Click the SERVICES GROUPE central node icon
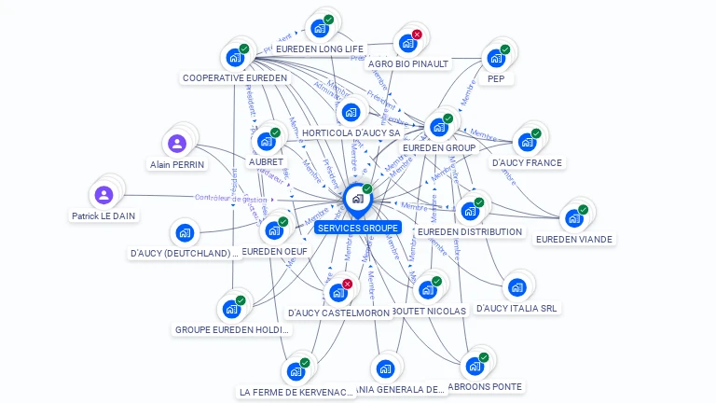356,199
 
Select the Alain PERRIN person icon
177,144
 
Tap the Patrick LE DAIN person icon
103,195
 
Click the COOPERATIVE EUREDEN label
235,78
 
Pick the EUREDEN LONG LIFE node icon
319,28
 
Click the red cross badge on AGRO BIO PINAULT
417,35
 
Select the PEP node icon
495,58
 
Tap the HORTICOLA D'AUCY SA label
351,133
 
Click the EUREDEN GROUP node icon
438,127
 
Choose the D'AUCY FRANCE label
527,162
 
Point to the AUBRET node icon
267,141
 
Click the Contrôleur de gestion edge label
230,198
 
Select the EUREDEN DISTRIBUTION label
470,231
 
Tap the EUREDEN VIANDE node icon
573,218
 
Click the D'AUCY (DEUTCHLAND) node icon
185,232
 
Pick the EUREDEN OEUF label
274,252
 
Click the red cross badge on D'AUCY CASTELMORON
347,284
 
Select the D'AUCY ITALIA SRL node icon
516,287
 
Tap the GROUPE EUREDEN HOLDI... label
232,329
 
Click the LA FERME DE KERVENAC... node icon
296,371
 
